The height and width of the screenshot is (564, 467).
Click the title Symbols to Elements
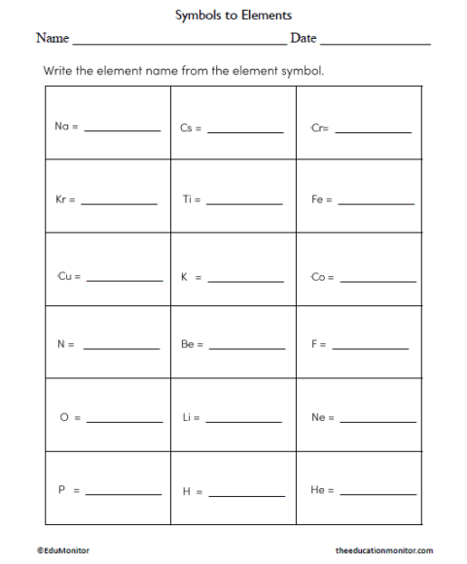click(x=233, y=16)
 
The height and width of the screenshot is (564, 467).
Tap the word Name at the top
click(x=53, y=39)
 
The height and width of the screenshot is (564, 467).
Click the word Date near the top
click(x=304, y=39)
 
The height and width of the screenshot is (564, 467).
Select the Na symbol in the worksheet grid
click(x=62, y=128)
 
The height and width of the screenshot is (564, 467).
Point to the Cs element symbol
click(x=187, y=128)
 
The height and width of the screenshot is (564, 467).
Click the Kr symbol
click(x=61, y=200)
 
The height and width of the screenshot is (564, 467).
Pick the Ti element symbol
click(x=188, y=200)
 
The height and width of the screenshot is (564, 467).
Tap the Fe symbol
click(x=317, y=200)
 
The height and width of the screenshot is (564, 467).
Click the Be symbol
click(x=188, y=344)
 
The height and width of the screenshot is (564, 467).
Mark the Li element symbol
click(x=187, y=418)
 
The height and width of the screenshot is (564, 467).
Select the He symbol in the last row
click(x=317, y=491)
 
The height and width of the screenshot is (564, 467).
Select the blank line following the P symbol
click(x=124, y=495)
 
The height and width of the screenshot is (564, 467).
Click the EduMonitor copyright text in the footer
click(x=64, y=550)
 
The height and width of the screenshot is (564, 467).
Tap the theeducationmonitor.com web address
click(x=384, y=550)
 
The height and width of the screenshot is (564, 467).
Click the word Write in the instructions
click(x=56, y=71)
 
